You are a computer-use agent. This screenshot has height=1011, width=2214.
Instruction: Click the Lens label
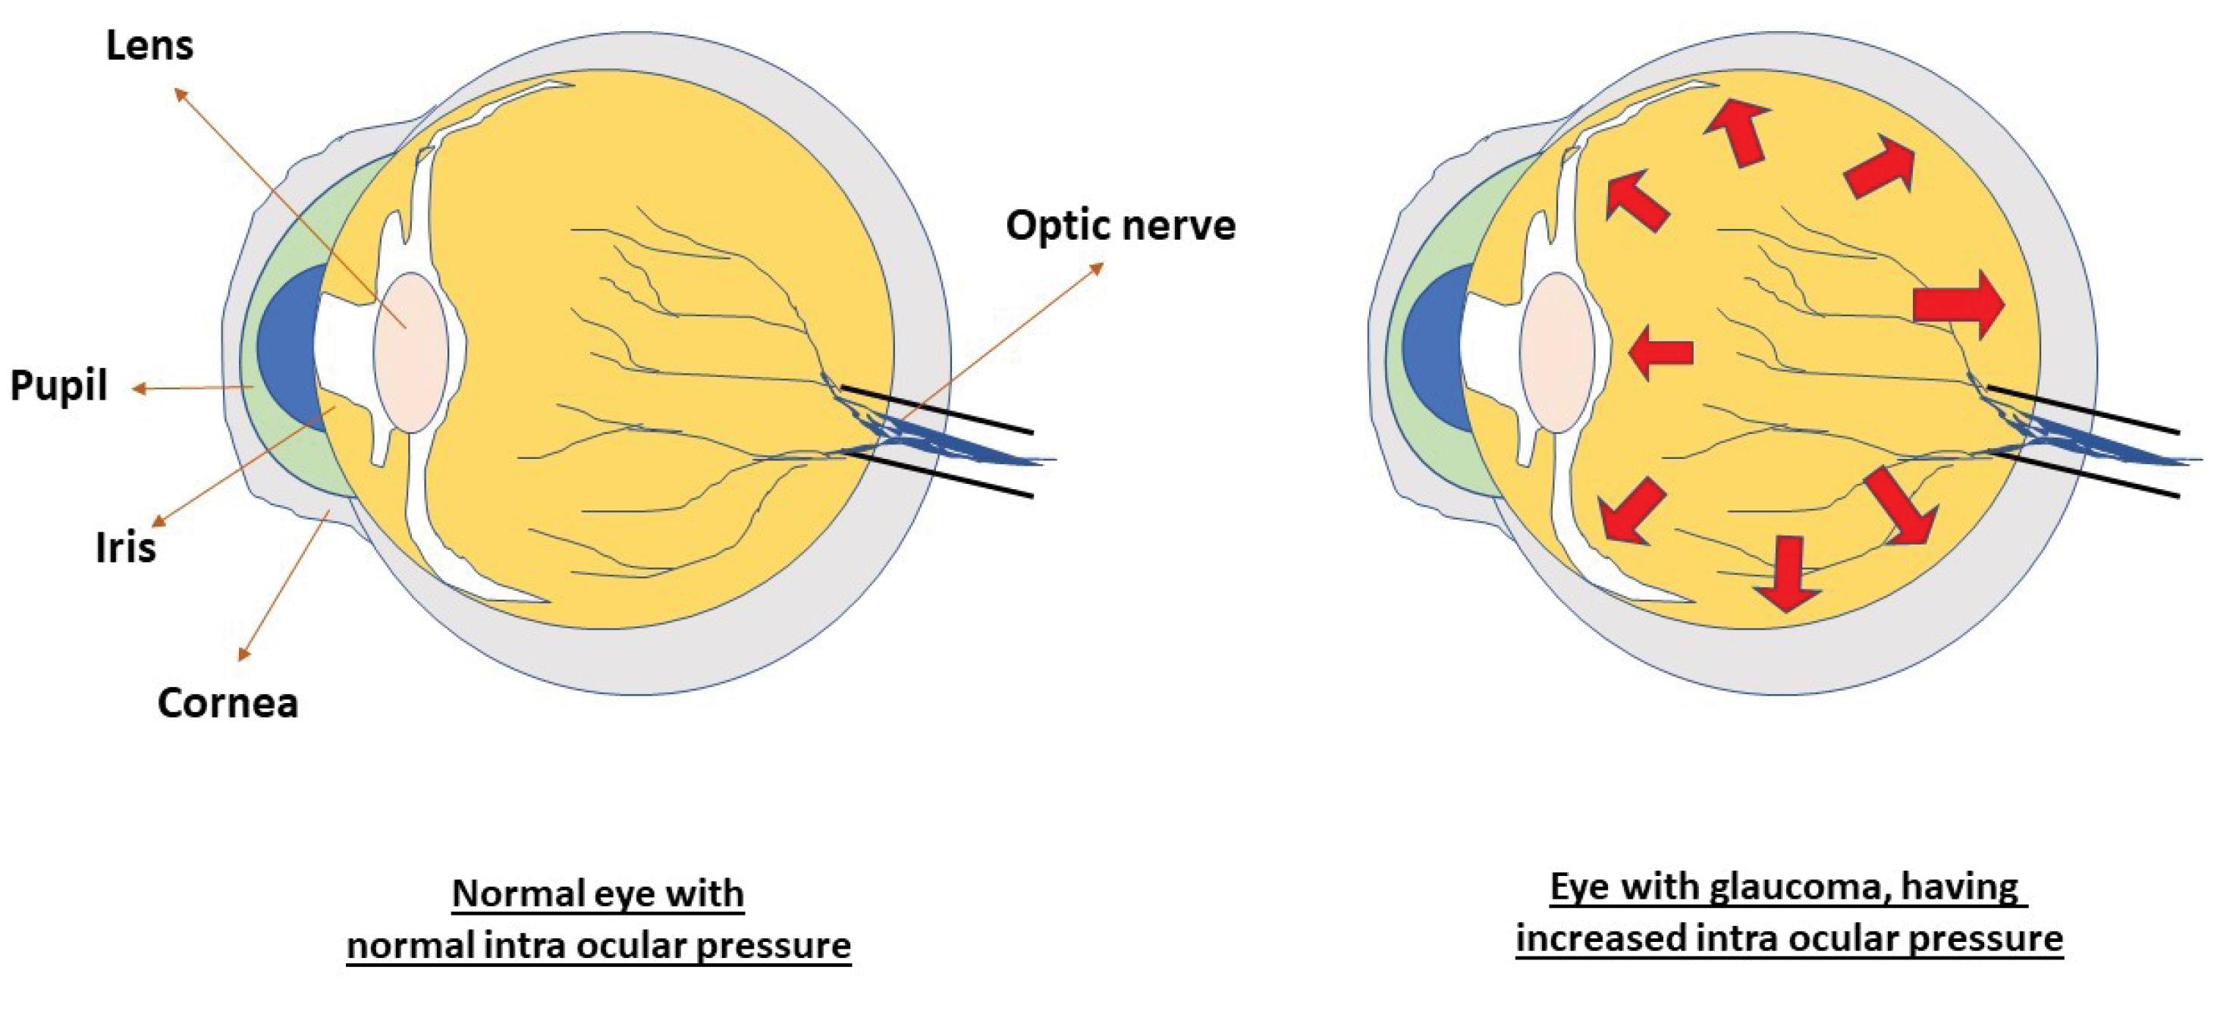coord(149,46)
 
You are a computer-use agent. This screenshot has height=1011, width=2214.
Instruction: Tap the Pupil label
coord(58,386)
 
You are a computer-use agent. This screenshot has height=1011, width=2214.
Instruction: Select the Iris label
coord(125,548)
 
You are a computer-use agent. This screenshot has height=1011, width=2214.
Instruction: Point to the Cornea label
coord(228,703)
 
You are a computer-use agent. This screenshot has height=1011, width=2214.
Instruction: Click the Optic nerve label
coord(1121,225)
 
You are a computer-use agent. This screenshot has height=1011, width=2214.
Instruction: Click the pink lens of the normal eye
coord(411,353)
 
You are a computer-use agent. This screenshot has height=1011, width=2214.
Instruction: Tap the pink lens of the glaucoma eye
coord(1556,353)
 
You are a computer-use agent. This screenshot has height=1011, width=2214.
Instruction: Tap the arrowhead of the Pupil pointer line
coord(137,389)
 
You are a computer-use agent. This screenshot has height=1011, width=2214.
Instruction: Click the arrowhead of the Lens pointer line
coord(179,92)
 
